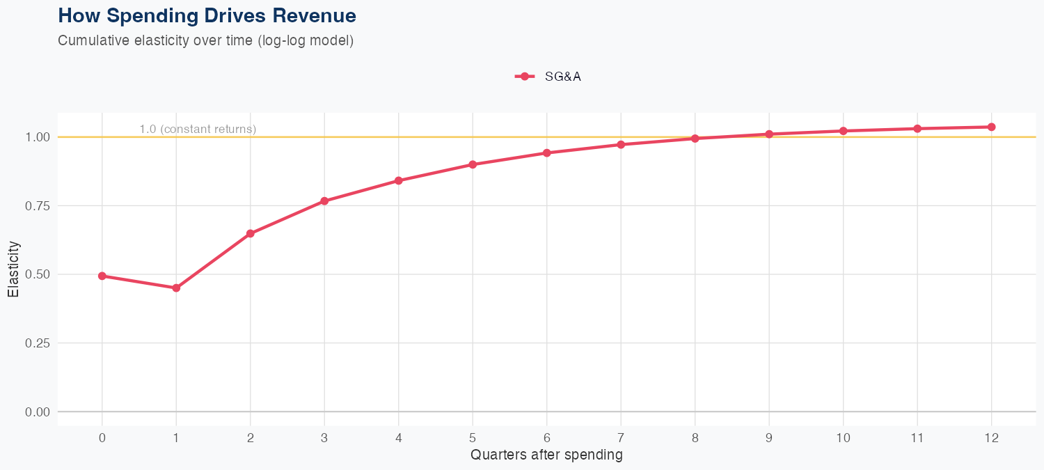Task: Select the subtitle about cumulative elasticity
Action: [206, 40]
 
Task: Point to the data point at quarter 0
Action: [102, 276]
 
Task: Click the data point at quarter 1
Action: [176, 288]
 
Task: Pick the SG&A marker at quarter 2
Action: [251, 233]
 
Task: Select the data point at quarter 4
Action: [399, 180]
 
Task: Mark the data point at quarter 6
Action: [547, 152]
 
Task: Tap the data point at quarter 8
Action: [695, 138]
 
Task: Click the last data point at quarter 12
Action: [992, 127]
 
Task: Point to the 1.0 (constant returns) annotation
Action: [198, 129]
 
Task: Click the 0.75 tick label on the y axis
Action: [37, 205]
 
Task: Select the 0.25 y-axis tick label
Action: [37, 343]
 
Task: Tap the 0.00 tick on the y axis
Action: [37, 412]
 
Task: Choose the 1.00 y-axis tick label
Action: [37, 137]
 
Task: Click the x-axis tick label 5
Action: [473, 438]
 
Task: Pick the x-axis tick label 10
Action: [844, 438]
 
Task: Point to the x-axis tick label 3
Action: [324, 438]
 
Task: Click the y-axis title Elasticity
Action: [13, 269]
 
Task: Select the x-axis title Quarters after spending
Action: [546, 455]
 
